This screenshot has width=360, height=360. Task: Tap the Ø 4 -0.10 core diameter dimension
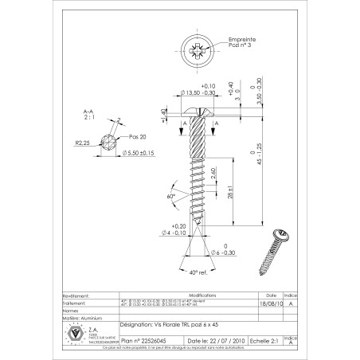[174, 233]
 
